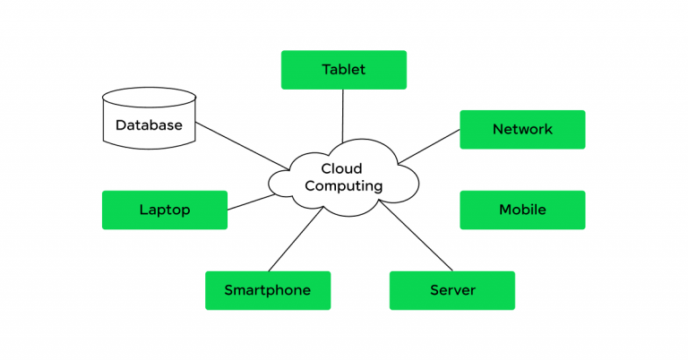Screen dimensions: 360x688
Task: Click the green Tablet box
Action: [343, 70]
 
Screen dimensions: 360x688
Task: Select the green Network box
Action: [522, 130]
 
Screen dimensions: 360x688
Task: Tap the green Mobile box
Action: [522, 210]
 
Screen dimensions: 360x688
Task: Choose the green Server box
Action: [452, 290]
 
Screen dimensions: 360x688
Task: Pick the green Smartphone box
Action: [268, 290]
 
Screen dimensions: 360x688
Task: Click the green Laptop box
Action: [165, 210]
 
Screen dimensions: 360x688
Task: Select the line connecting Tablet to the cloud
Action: [343, 116]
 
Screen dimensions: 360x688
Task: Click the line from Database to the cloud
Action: [242, 144]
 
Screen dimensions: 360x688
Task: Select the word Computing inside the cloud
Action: [344, 186]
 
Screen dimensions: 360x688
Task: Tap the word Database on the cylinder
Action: [149, 125]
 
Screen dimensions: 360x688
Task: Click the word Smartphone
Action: [268, 290]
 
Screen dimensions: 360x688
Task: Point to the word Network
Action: [522, 130]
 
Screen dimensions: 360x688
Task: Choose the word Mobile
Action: [522, 210]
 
